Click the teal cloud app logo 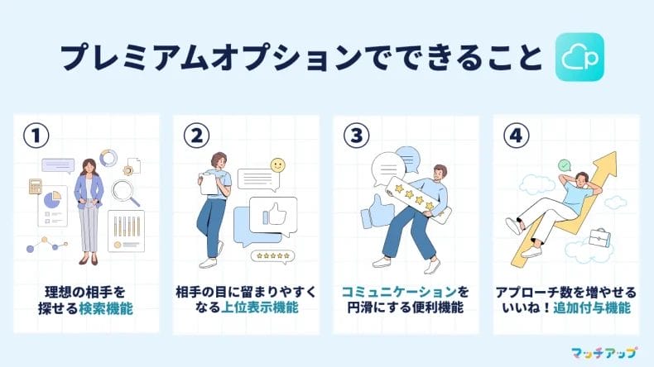[x=579, y=57]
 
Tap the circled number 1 [x=36, y=136]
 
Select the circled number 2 [x=196, y=136]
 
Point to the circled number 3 [x=356, y=136]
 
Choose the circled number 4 [x=517, y=136]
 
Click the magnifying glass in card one [x=126, y=193]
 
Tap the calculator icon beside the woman [x=36, y=186]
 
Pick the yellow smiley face [x=277, y=165]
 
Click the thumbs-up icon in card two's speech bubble [x=276, y=214]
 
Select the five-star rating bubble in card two [x=273, y=256]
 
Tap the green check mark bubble [x=565, y=165]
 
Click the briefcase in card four [x=600, y=239]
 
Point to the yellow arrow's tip [x=615, y=152]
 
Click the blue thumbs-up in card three [x=377, y=212]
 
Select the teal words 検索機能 [x=106, y=308]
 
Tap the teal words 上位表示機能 [x=260, y=307]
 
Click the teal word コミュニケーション [x=399, y=292]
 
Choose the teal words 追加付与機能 [x=592, y=308]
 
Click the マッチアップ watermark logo [x=604, y=353]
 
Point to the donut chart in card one [x=108, y=159]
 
